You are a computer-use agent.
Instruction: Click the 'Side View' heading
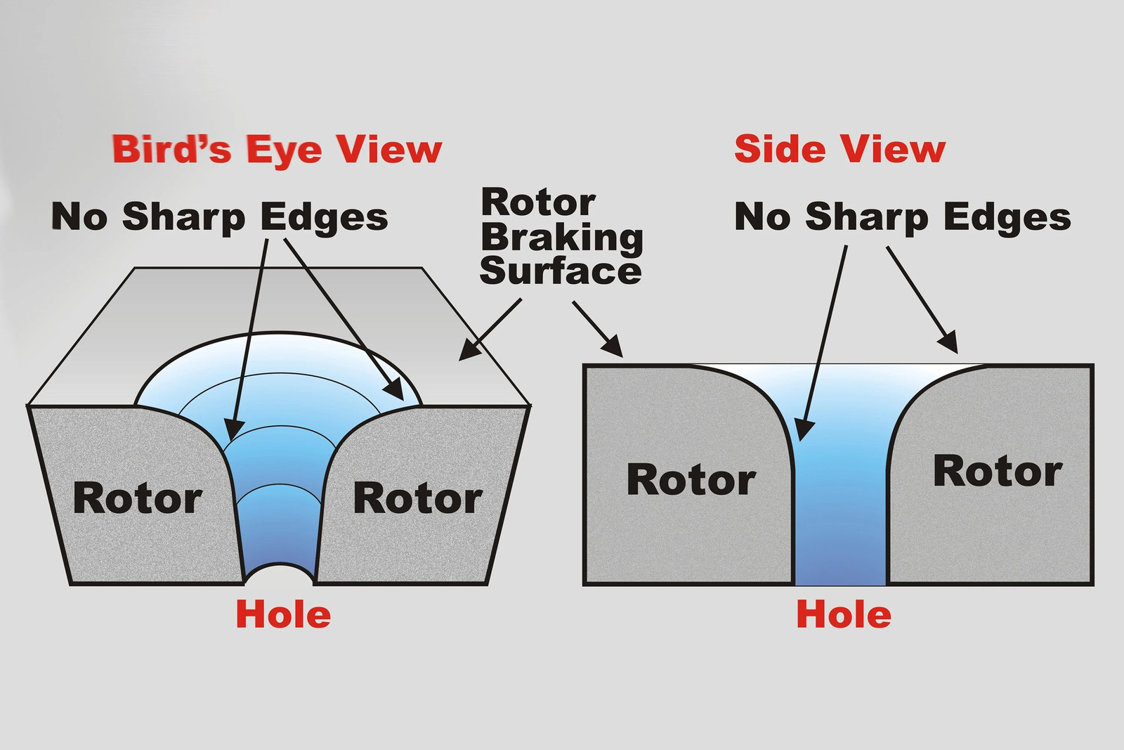click(839, 149)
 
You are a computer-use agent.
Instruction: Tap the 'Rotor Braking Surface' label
click(561, 237)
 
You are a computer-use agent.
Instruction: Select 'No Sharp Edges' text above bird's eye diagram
click(219, 218)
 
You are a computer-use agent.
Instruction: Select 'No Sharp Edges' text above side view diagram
click(903, 217)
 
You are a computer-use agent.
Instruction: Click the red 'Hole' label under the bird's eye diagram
click(283, 615)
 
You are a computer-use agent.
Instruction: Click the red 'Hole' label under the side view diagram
click(844, 615)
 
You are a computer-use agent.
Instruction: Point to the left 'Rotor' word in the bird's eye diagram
click(138, 498)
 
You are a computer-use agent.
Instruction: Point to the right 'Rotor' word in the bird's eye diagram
click(418, 498)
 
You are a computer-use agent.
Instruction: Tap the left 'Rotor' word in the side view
click(691, 480)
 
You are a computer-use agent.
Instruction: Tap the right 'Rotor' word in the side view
click(998, 471)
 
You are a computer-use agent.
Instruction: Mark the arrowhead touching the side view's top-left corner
click(613, 347)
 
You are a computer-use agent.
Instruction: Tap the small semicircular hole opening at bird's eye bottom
click(279, 575)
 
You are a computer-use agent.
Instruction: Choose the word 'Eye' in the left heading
click(284, 151)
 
